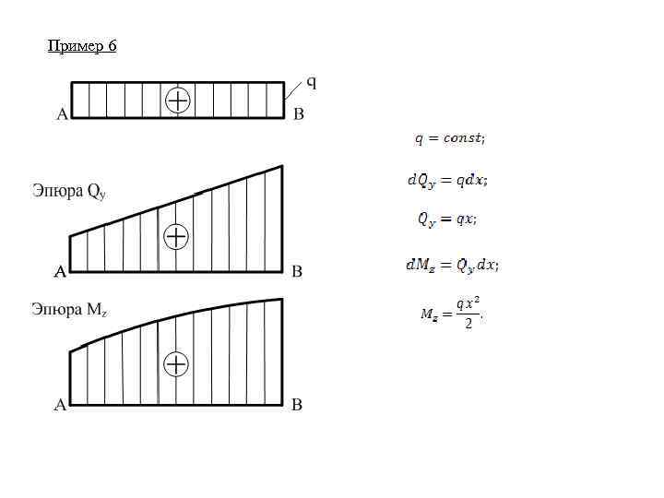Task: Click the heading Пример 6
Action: pyautogui.click(x=82, y=45)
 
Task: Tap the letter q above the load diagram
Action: pyautogui.click(x=311, y=82)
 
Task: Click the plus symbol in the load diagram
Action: pyautogui.click(x=177, y=100)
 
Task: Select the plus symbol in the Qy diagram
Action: pyautogui.click(x=175, y=237)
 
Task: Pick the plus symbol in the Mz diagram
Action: pyautogui.click(x=175, y=364)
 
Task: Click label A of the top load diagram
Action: pyautogui.click(x=61, y=115)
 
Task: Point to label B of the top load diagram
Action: pyautogui.click(x=298, y=115)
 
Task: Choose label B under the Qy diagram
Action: pyautogui.click(x=297, y=271)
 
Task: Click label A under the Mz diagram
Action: pyautogui.click(x=61, y=404)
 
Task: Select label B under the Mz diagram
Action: pyautogui.click(x=297, y=404)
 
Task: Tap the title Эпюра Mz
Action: pyautogui.click(x=69, y=309)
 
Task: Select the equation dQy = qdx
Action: pyautogui.click(x=447, y=181)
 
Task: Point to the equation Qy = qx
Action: pyautogui.click(x=446, y=219)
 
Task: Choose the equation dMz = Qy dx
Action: pyautogui.click(x=452, y=266)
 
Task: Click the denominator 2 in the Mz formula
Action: pyautogui.click(x=468, y=324)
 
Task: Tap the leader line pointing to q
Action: pyautogui.click(x=292, y=89)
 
